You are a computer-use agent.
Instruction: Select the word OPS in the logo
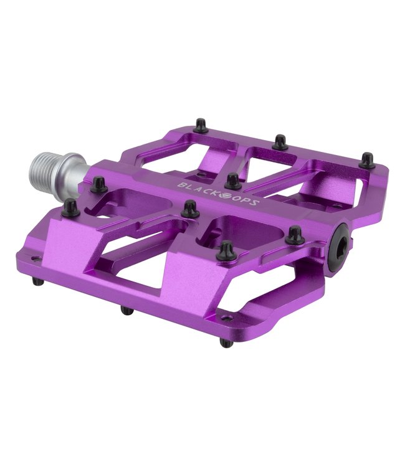pos(246,201)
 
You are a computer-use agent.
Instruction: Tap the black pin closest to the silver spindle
pos(98,183)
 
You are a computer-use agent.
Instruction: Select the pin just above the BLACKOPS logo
pos(233,181)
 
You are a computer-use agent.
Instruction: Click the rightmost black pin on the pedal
pos(368,160)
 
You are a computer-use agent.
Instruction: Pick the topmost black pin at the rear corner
pos(199,126)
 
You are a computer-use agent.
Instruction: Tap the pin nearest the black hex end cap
pos(295,235)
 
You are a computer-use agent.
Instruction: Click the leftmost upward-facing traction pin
pos(70,207)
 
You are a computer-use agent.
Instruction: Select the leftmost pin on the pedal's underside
pos(39,281)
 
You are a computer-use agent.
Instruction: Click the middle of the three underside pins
pos(126,310)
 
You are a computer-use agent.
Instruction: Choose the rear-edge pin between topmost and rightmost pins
pos(281,142)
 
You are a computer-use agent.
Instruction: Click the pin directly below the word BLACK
pos(191,210)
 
